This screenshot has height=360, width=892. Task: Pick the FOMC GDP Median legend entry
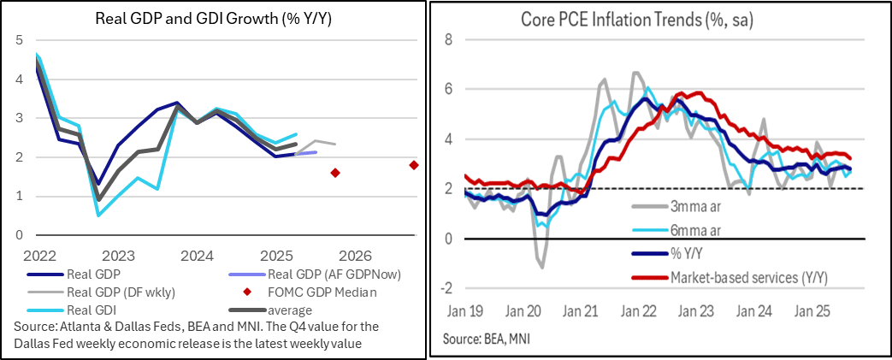[316, 292]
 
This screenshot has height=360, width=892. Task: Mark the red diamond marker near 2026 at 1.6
[334, 173]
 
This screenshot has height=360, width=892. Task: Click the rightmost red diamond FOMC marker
[414, 165]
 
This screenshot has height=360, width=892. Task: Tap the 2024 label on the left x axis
[197, 255]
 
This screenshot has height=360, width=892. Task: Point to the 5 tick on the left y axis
[20, 39]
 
